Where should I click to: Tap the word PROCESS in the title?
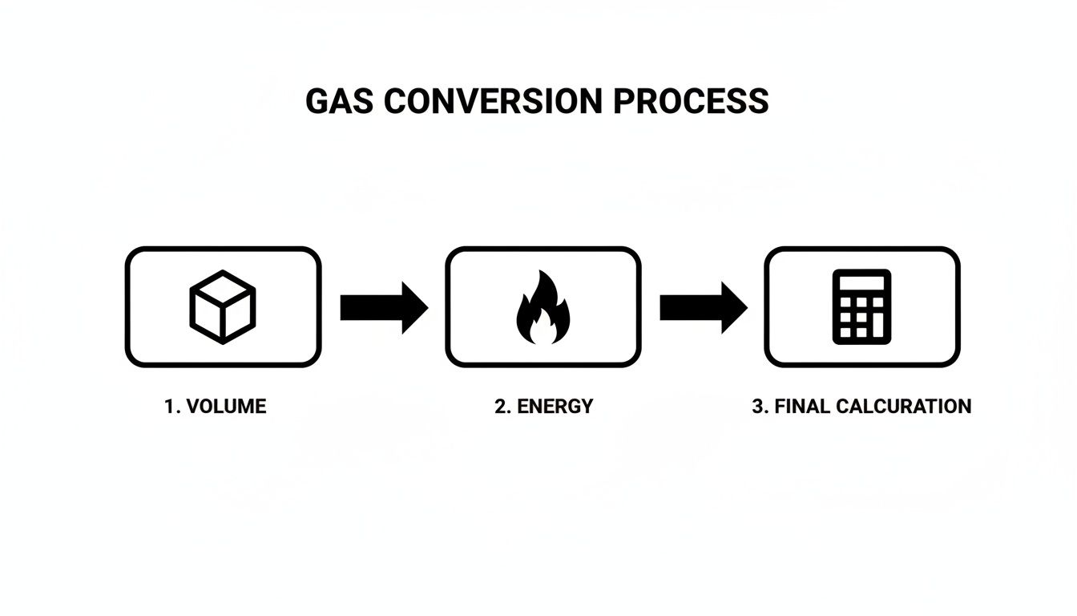[691, 102]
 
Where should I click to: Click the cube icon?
[222, 306]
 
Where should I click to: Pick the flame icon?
[543, 307]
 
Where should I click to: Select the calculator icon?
[861, 306]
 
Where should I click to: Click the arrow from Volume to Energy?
[383, 307]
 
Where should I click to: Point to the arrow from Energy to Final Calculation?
[703, 307]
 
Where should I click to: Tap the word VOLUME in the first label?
[226, 407]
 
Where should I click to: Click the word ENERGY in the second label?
[555, 407]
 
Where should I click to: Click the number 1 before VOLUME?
[170, 407]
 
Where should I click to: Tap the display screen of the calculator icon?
[861, 283]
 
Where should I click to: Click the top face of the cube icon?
[222, 288]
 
